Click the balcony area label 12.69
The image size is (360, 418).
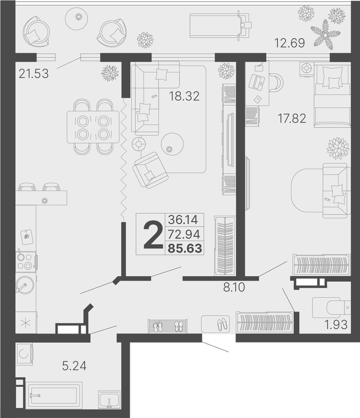[x=290, y=43]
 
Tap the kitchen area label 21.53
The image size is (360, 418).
[x=34, y=74]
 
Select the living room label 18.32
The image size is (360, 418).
[x=184, y=96]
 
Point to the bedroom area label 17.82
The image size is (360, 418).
[x=292, y=119]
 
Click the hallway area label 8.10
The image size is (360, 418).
[x=234, y=287]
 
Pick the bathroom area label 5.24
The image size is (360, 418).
[x=74, y=366]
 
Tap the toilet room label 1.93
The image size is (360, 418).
[x=336, y=324]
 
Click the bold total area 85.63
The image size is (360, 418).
[x=184, y=249]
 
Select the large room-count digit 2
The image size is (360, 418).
[x=153, y=235]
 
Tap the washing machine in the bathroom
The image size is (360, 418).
[x=24, y=354]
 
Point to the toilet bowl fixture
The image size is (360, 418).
[x=332, y=308]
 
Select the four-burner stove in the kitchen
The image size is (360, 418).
[x=25, y=262]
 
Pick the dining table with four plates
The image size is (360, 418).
[x=93, y=127]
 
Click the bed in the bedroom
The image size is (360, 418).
[x=332, y=95]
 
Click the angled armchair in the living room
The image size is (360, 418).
[x=151, y=170]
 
